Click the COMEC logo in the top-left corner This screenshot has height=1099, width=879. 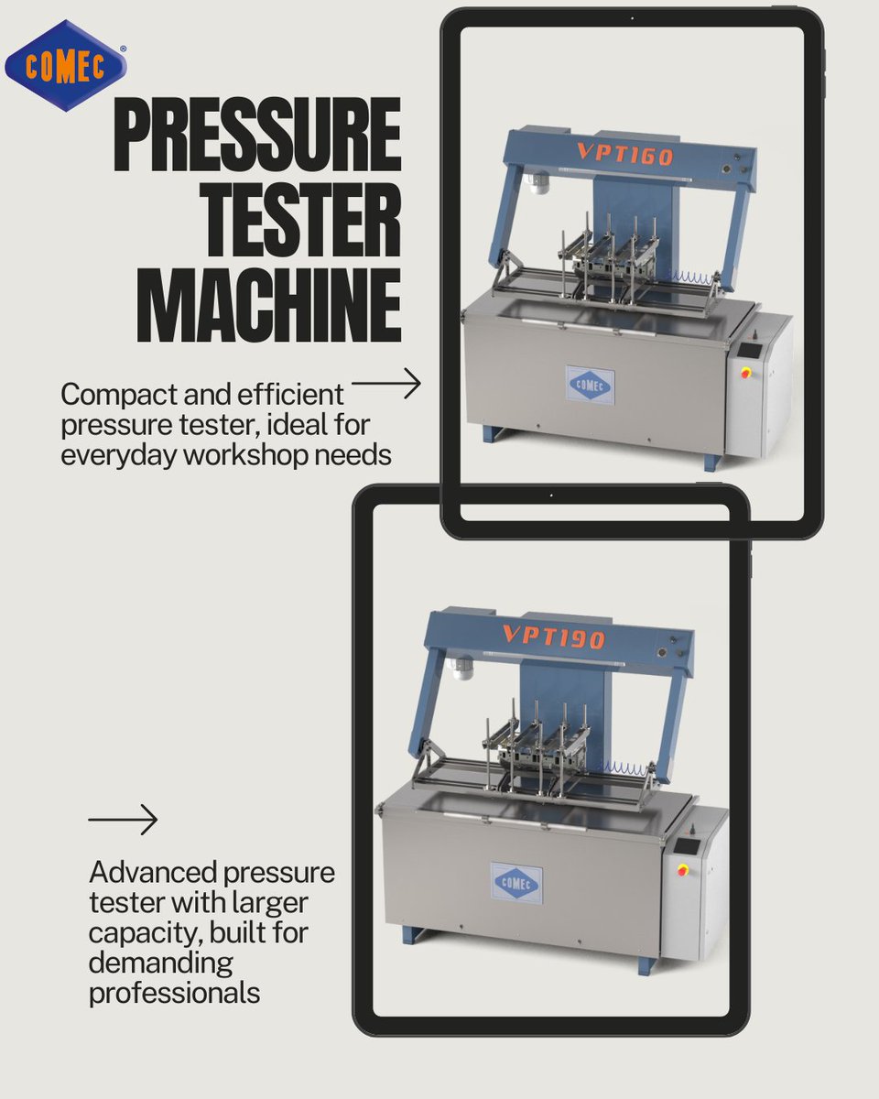(x=65, y=65)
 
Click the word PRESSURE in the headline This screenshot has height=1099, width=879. (x=257, y=135)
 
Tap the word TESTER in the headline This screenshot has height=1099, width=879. (x=303, y=220)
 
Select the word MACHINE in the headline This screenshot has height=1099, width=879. (x=268, y=305)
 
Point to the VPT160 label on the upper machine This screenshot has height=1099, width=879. (x=625, y=154)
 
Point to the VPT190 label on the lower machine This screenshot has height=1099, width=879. (x=554, y=636)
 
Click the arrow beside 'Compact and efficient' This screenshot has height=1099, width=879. (x=386, y=383)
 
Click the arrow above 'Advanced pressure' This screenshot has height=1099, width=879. (x=123, y=820)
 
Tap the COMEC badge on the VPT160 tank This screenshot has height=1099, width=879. (x=590, y=385)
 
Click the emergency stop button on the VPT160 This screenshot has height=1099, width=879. (x=746, y=371)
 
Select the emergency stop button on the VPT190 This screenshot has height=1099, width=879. (x=682, y=869)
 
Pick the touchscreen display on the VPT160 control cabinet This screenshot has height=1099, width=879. (x=750, y=350)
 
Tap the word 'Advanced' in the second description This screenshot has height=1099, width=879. (x=153, y=871)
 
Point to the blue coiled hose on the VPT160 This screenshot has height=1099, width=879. (x=691, y=277)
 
